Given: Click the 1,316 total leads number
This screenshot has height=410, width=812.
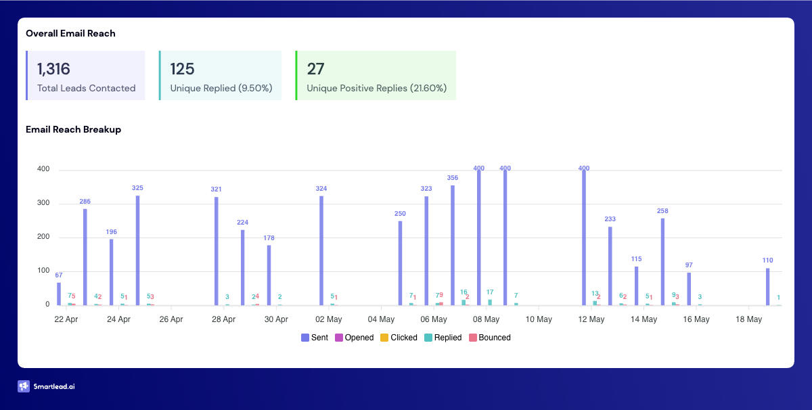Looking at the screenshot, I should point(53,69).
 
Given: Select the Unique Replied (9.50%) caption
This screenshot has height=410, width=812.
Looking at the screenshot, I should point(221,88).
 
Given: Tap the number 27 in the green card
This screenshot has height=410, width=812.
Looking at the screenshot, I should point(315,69).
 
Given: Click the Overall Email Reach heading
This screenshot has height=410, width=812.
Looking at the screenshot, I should point(70,33).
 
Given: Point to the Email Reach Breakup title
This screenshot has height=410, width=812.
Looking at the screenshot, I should point(73,129).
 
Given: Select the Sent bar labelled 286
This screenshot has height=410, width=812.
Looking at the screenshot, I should point(85,257).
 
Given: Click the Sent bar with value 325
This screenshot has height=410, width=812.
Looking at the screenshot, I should point(137,250).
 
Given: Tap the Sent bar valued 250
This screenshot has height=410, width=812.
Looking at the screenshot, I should point(400,263).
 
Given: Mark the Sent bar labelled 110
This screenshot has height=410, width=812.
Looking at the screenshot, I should point(767,287).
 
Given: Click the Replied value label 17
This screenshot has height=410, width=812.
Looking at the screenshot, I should point(490,292).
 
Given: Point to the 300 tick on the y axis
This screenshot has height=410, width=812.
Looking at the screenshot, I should point(43,204).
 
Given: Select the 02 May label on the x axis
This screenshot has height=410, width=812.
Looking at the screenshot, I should point(329,319).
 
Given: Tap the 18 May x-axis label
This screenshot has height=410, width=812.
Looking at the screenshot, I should point(749,319).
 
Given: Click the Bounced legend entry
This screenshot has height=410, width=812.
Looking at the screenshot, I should point(490,338).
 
